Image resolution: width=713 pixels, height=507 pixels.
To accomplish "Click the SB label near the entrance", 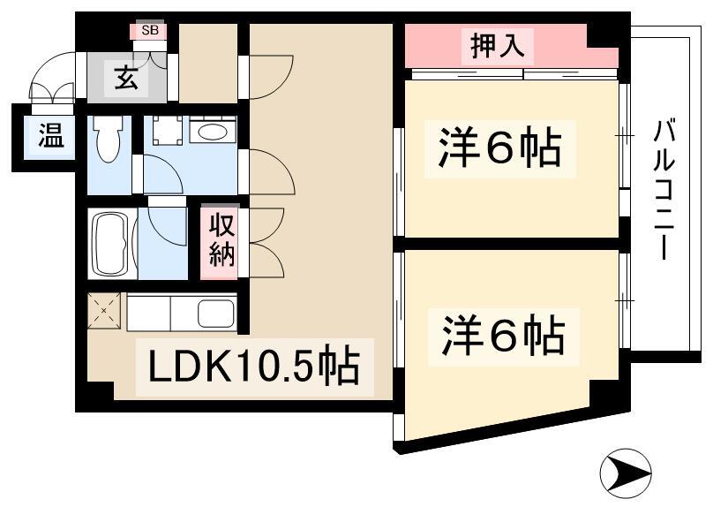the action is (x=150, y=31).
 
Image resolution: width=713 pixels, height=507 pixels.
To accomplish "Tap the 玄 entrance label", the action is (x=126, y=78).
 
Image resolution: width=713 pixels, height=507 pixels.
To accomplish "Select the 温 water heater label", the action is (x=50, y=136).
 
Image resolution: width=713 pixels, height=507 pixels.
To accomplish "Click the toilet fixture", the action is (x=108, y=139).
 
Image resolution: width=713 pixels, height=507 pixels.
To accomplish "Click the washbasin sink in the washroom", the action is (x=213, y=132).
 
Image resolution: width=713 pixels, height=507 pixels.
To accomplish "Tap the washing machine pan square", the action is (x=168, y=130).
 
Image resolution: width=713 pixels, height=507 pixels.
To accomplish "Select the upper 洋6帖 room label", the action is (x=499, y=148).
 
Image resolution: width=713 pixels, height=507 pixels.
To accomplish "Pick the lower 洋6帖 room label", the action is (x=503, y=337).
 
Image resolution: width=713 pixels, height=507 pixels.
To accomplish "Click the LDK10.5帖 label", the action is (x=254, y=367).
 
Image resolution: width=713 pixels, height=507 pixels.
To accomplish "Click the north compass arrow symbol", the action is (x=626, y=473).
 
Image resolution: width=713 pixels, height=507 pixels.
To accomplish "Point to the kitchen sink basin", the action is (x=216, y=313).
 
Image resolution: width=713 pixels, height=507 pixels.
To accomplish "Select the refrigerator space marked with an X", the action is (x=104, y=310).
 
